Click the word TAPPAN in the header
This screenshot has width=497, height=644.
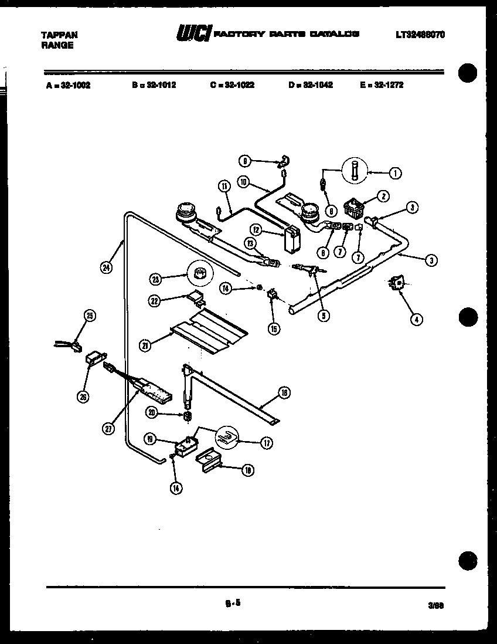pyautogui.click(x=59, y=35)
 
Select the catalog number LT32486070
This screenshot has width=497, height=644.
pyautogui.click(x=420, y=35)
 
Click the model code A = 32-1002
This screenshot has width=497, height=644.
pyautogui.click(x=67, y=85)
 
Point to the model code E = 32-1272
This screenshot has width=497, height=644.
pyautogui.click(x=382, y=85)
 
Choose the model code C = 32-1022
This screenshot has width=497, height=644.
pyautogui.click(x=232, y=85)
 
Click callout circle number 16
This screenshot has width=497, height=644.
pyautogui.click(x=284, y=394)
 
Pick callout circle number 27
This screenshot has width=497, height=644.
pyautogui.click(x=108, y=429)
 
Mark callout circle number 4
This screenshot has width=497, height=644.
pyautogui.click(x=416, y=320)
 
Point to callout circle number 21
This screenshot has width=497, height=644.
pyautogui.click(x=145, y=346)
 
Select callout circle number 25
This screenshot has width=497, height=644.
pyautogui.click(x=89, y=316)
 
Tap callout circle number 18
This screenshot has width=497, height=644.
pyautogui.click(x=248, y=469)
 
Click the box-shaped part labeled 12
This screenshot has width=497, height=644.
pyautogui.click(x=291, y=240)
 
